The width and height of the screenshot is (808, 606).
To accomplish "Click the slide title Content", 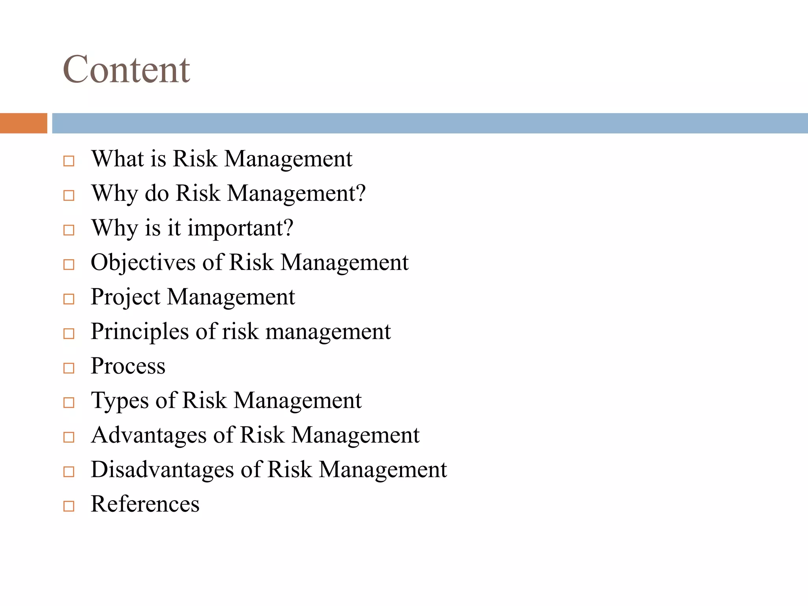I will (126, 69).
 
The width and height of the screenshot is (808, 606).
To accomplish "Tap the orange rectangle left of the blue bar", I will (23, 123).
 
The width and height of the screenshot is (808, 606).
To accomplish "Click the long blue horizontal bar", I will (430, 123).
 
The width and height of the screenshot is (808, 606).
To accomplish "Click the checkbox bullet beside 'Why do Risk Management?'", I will (69, 195).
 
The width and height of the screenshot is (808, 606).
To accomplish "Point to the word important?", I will (240, 228).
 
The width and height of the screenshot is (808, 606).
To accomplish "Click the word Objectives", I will (143, 262).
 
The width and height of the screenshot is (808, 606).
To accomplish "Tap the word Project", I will (125, 297).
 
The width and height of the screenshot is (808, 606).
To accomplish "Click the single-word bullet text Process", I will (128, 366).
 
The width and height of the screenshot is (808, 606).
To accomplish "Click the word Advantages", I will (149, 435).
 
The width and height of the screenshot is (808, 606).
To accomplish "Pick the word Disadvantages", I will (162, 469).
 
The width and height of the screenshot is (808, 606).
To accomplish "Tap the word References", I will (145, 504).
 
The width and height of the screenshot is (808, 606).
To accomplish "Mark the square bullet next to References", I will (69, 506).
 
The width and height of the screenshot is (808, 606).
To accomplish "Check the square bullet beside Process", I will (69, 368).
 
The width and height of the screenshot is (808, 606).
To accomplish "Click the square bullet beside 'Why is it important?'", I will (69, 230).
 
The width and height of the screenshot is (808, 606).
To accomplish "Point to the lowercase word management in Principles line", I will (328, 332).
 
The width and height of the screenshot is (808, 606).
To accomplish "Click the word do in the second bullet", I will (157, 193).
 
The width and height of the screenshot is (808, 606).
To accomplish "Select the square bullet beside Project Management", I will (69, 299).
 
